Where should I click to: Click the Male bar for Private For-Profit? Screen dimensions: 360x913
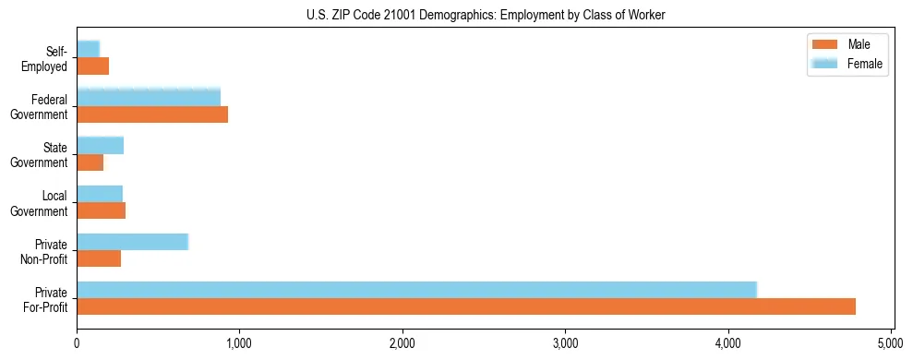point(466,306)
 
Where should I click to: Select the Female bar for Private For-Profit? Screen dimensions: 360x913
point(416,290)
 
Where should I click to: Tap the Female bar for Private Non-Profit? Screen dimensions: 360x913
point(132,242)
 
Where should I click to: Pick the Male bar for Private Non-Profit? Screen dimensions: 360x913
point(99,258)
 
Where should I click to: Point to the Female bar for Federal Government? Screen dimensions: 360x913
point(149,97)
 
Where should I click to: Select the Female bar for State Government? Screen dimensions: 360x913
point(100,145)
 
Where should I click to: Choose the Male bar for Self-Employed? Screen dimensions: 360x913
point(92,66)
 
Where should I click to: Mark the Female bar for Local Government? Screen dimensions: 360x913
point(100,193)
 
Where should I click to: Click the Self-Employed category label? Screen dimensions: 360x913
point(45,59)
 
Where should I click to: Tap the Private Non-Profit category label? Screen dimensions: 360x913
point(45,252)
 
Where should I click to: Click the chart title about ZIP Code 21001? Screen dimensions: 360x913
point(486,15)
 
